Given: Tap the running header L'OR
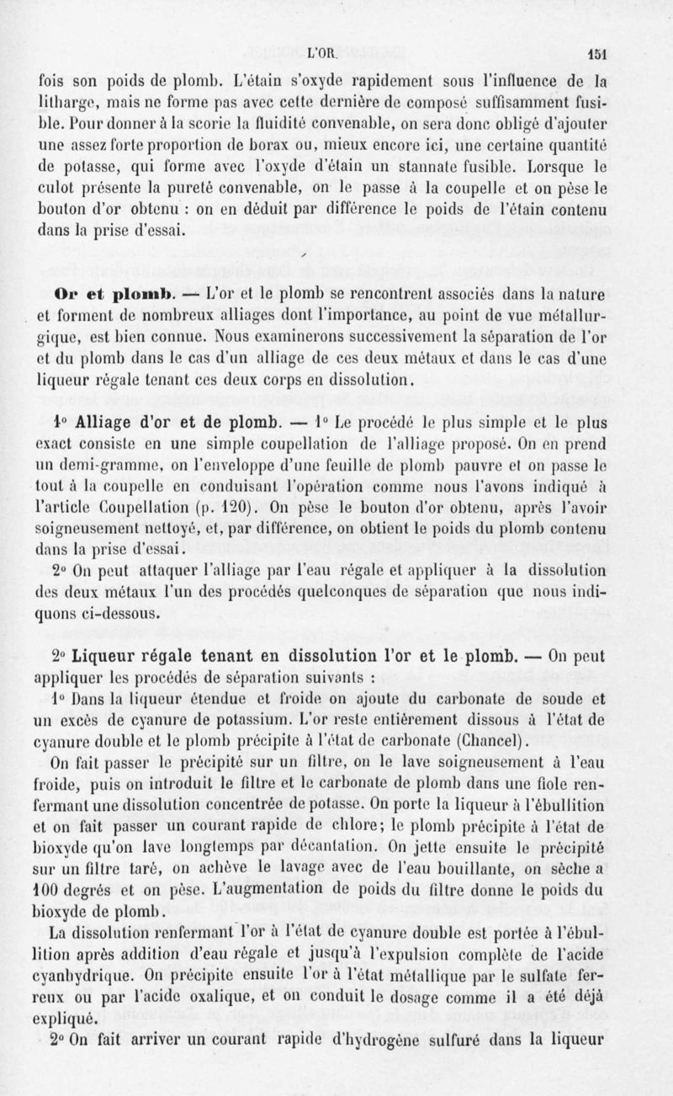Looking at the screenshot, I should [324, 50].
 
